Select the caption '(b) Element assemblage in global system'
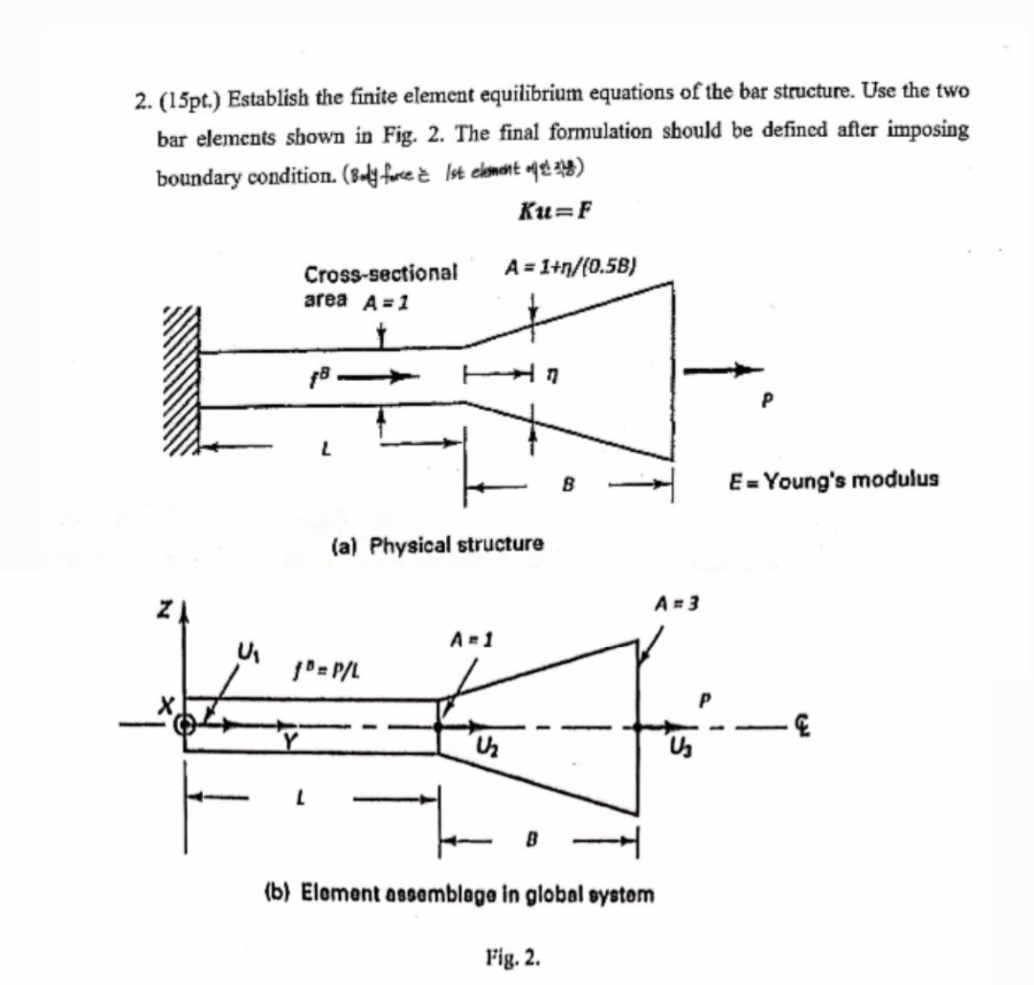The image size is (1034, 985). (459, 895)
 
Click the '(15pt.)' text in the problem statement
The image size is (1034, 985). (191, 98)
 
